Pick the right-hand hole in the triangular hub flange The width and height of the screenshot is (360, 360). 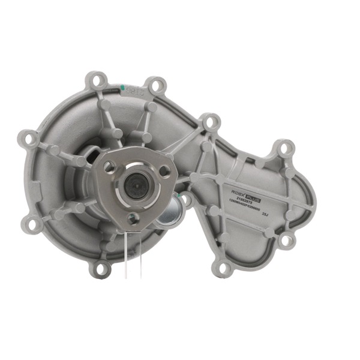(164, 172)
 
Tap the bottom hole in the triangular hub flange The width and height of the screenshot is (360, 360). (133, 218)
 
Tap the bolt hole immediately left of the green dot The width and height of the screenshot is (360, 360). (95, 79)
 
